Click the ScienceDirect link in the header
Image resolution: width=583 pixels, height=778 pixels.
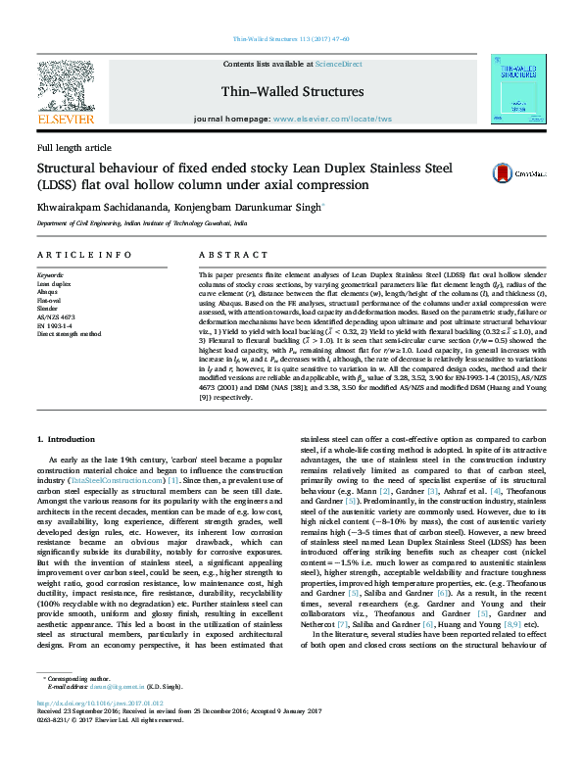click(338, 64)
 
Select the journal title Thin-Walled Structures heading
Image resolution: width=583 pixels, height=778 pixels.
click(291, 92)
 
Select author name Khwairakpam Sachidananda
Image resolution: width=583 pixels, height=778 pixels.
click(109, 208)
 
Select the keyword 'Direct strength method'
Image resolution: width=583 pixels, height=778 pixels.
click(71, 334)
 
